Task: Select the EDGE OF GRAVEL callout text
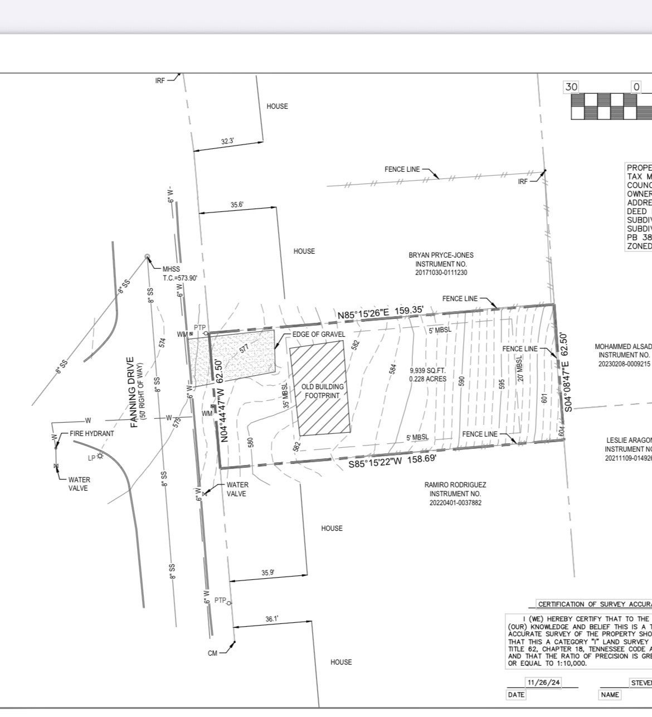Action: click(x=319, y=334)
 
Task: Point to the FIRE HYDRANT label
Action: click(x=91, y=433)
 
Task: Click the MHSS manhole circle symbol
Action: click(x=148, y=256)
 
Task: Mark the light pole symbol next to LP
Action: click(x=100, y=456)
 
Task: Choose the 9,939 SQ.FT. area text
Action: click(x=427, y=370)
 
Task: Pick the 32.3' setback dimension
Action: click(x=227, y=142)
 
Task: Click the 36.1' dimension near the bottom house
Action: click(x=271, y=619)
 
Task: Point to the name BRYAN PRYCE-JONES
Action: click(x=441, y=255)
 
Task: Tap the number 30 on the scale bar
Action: click(x=571, y=86)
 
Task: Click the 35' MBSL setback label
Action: click(x=286, y=396)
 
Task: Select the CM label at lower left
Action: click(x=212, y=653)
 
